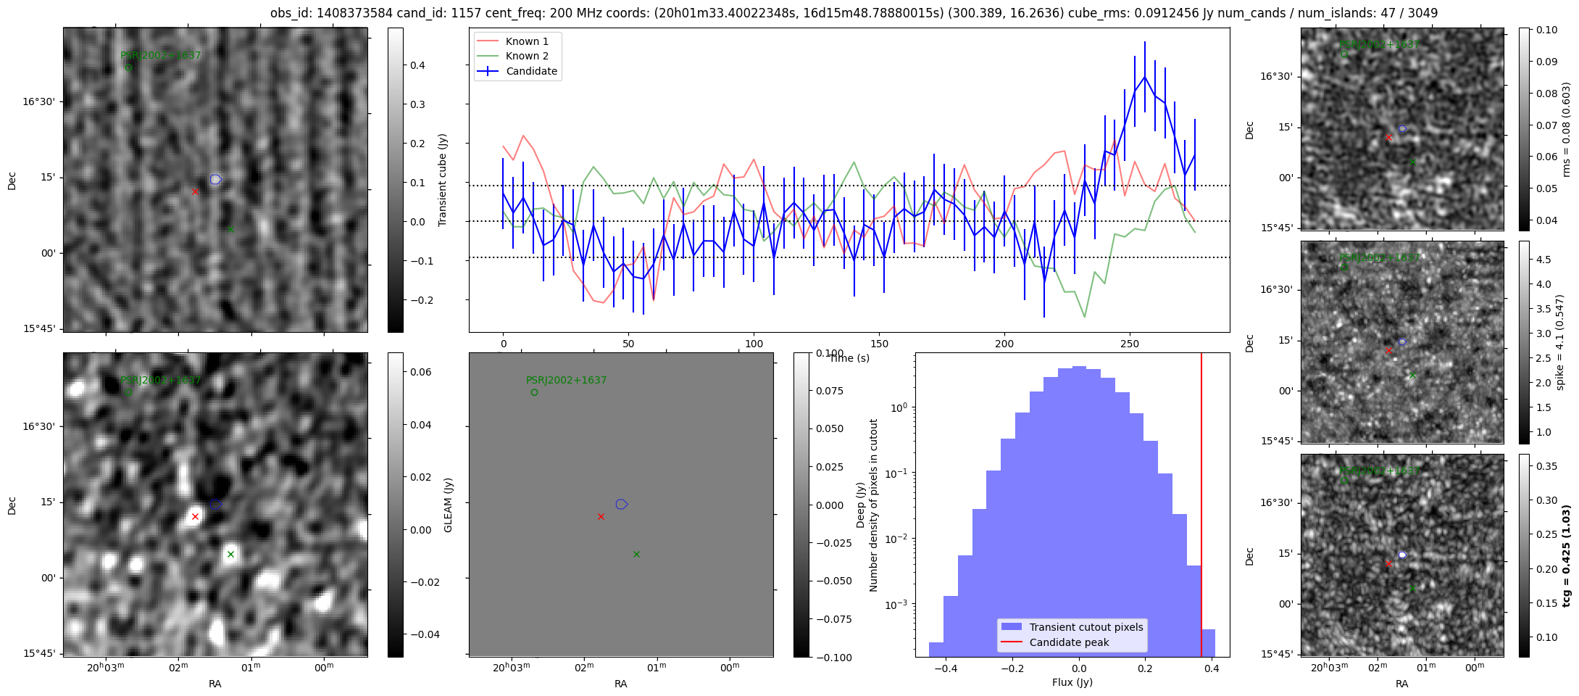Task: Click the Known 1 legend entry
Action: (x=527, y=41)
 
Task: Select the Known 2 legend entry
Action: (x=527, y=56)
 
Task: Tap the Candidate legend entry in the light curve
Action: (x=531, y=71)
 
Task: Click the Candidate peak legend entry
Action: (x=1069, y=642)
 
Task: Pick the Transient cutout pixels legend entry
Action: (x=1086, y=627)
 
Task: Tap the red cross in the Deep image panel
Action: (x=195, y=517)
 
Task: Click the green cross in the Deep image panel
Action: (x=230, y=554)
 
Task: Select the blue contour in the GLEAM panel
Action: (x=621, y=504)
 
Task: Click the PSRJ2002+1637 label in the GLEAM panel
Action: (x=566, y=380)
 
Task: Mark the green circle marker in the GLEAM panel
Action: (x=534, y=392)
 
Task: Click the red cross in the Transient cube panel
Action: (x=195, y=191)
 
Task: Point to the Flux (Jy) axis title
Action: (x=1072, y=682)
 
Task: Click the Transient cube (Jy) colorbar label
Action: (x=443, y=180)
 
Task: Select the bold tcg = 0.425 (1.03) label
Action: (x=1566, y=556)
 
